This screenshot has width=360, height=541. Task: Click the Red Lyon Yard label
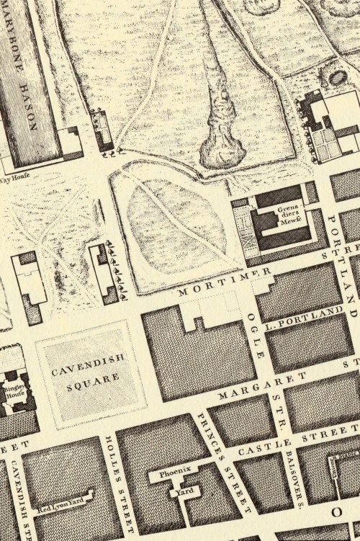pos(64,506)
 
